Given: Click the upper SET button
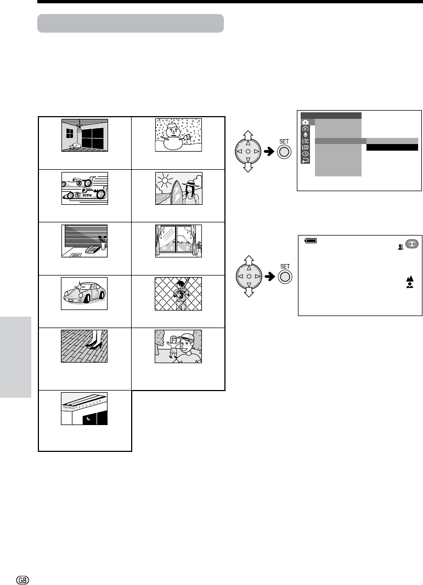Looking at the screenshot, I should tap(284, 151).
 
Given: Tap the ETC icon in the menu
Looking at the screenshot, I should tap(305, 140).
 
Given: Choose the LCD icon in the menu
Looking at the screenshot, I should tap(305, 147).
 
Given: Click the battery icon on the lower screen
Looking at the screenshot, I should tap(311, 240).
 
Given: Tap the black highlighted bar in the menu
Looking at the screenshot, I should tap(392, 147).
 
